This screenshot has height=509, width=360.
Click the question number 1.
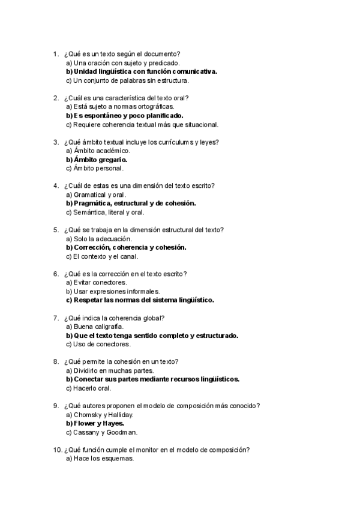tap(56, 54)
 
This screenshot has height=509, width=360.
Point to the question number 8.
tap(56, 362)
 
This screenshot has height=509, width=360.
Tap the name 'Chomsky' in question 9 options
tap(89, 415)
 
